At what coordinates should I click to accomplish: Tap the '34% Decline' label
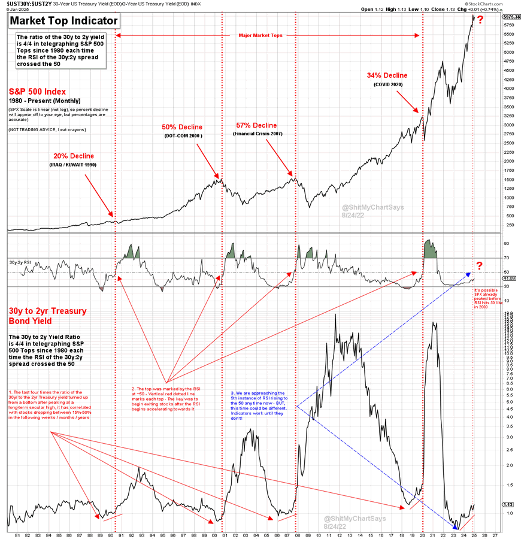[387, 75]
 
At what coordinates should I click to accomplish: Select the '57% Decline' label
[256, 125]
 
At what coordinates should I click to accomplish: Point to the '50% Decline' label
[182, 127]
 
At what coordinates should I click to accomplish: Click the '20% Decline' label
[74, 156]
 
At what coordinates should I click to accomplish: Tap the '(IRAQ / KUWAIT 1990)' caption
[74, 165]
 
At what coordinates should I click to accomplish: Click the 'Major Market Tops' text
[261, 35]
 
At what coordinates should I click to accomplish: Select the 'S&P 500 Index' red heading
[37, 92]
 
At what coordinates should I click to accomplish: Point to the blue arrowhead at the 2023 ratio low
[456, 526]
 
